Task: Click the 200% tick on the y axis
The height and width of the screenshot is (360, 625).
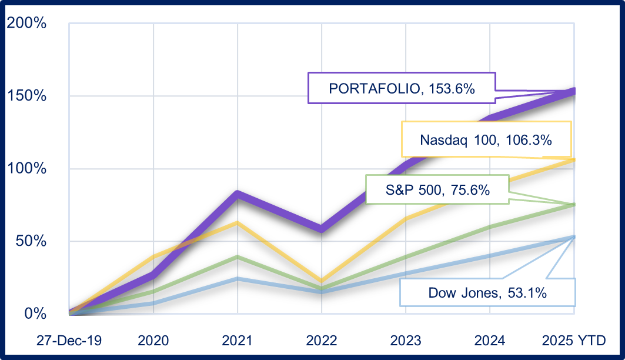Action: (26, 24)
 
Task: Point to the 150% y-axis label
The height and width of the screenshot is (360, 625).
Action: (26, 96)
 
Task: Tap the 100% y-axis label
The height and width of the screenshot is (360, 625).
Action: (26, 169)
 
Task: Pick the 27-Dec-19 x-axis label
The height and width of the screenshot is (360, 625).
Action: (69, 340)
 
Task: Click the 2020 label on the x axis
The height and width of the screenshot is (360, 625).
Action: (153, 340)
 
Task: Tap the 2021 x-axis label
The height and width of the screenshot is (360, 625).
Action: (237, 340)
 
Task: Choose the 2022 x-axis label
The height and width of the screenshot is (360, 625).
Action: (322, 340)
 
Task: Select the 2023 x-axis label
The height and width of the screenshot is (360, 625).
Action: (406, 340)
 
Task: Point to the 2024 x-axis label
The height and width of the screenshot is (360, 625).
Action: (490, 340)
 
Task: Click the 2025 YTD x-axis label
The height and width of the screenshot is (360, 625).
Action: (573, 340)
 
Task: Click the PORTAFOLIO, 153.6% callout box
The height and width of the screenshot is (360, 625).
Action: (402, 88)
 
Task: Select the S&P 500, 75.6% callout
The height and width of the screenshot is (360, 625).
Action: (437, 189)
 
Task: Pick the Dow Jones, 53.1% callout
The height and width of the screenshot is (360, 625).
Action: (487, 292)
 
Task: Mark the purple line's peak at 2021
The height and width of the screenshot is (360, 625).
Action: (238, 194)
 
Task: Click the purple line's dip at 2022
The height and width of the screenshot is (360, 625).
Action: (322, 228)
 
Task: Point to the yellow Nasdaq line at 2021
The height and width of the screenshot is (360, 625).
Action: (238, 222)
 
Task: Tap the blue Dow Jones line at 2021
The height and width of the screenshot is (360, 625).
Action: (238, 278)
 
